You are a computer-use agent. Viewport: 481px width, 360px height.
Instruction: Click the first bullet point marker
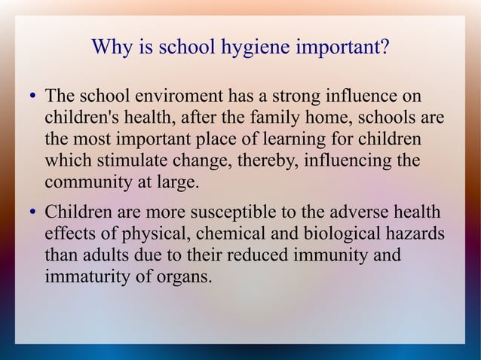pos(33,99)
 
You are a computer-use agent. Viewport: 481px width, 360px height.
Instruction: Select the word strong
pos(294,98)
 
